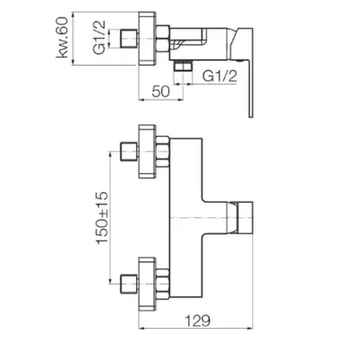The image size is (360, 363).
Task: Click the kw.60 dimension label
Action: [x=62, y=37]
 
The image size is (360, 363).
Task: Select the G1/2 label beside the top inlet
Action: [x=99, y=37]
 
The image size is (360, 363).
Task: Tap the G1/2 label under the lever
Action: [x=220, y=77]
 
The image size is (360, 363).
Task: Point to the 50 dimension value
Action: [x=160, y=91]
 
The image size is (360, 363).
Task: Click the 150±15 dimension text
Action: [x=102, y=218]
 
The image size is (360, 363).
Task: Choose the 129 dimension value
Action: [x=197, y=321]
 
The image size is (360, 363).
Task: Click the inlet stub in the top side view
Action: [x=130, y=39]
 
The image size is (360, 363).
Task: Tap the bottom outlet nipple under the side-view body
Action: [x=183, y=66]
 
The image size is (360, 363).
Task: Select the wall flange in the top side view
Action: [x=147, y=38]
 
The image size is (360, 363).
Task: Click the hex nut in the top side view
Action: [x=163, y=38]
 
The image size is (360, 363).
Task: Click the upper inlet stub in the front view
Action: [x=130, y=151]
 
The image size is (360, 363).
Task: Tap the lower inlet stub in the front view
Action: [x=130, y=284]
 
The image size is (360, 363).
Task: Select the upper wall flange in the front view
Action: [x=147, y=151]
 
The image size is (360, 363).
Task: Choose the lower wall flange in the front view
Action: [x=147, y=284]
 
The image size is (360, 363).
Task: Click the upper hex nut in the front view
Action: [x=163, y=151]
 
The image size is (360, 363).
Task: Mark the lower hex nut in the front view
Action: [x=163, y=284]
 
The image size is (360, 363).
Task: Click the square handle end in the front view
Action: [x=245, y=217]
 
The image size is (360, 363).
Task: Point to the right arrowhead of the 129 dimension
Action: [x=250, y=329]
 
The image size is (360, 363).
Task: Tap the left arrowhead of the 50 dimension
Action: [x=142, y=100]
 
